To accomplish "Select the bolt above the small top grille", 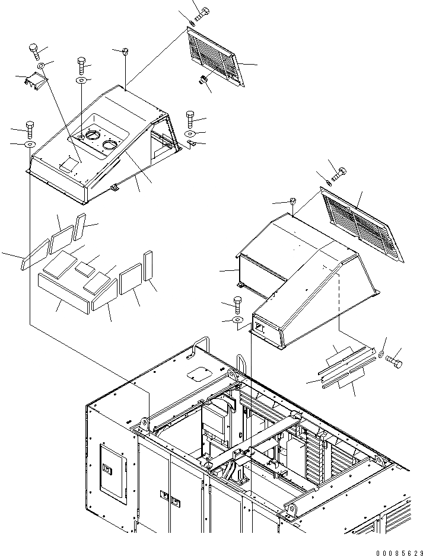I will (x=203, y=11).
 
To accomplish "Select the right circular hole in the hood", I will (x=110, y=144).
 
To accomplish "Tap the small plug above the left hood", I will (x=125, y=52).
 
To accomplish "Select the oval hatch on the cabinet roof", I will (x=197, y=374).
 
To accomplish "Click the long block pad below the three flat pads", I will (x=63, y=293).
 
